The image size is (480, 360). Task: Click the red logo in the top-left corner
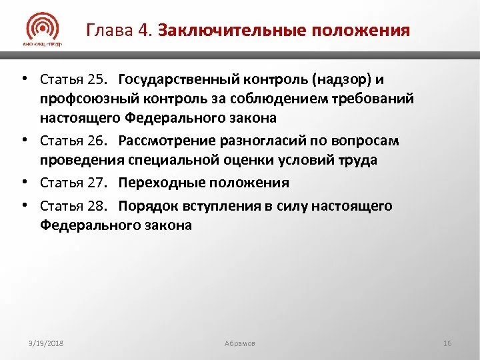pos(43,30)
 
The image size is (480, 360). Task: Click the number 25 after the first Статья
pos(97,79)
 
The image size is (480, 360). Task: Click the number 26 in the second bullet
pos(97,141)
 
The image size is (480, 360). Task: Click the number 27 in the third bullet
pos(97,183)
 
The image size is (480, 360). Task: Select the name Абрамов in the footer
pos(241,343)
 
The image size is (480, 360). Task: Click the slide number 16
pos(447,343)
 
